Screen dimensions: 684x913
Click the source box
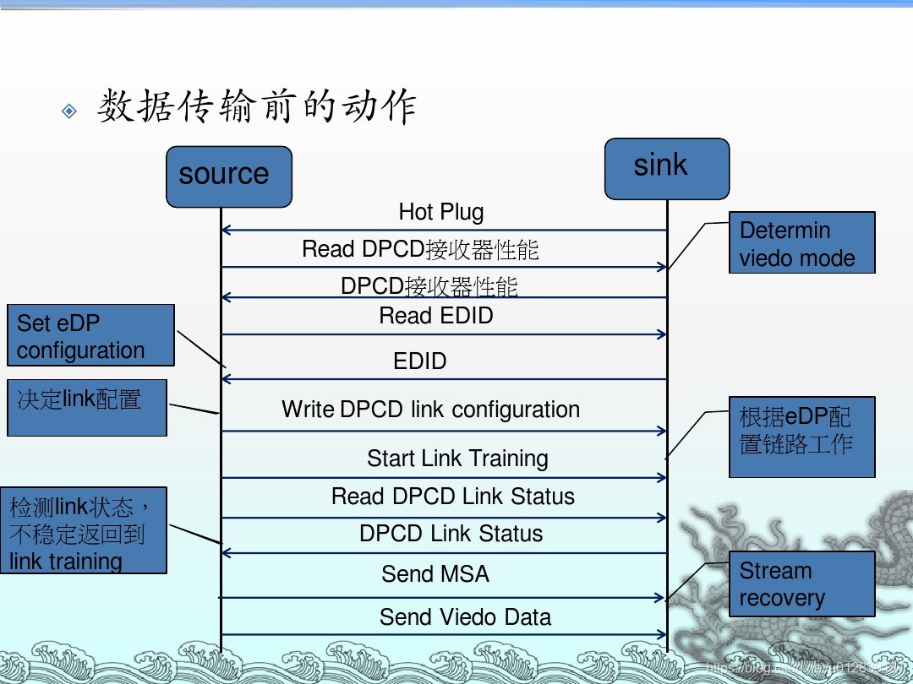pos(228,176)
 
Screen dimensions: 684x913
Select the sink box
pos(666,169)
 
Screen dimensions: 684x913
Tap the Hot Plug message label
pos(441,212)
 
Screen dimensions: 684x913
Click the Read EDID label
pos(436,316)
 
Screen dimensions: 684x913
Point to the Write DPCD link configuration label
pos(430,410)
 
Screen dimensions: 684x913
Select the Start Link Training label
pos(457,459)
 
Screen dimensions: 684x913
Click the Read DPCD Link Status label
pos(453,497)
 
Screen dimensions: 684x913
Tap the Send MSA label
pos(435,574)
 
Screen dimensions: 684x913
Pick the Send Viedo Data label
pos(465,617)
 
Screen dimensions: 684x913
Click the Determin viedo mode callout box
pos(801,243)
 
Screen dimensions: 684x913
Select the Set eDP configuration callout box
pos(90,335)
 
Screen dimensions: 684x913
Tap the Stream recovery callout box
pos(801,584)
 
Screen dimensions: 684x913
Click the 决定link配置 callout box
pos(86,408)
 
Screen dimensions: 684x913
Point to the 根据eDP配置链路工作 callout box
pos(801,437)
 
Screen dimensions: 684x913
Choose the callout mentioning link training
pos(83,530)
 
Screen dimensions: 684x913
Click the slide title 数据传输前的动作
pos(257,108)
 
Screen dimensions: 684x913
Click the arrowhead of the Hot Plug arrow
pos(225,230)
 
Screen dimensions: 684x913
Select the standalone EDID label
pos(420,361)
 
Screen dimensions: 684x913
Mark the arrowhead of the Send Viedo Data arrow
pos(663,635)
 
